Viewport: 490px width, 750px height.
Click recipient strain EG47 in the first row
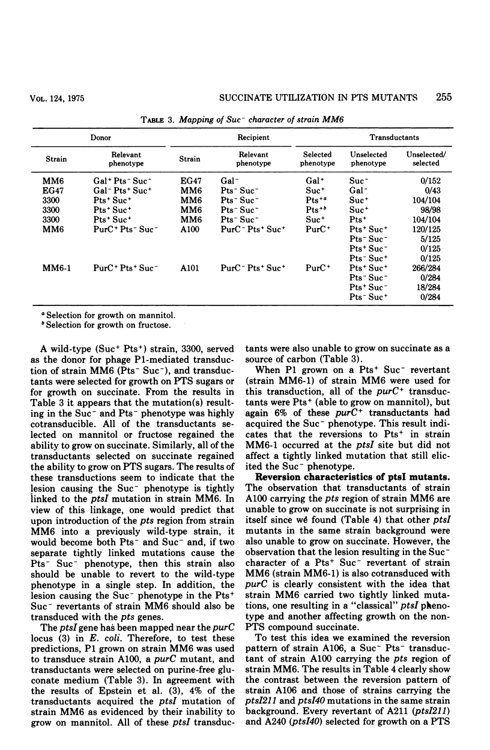190,179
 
